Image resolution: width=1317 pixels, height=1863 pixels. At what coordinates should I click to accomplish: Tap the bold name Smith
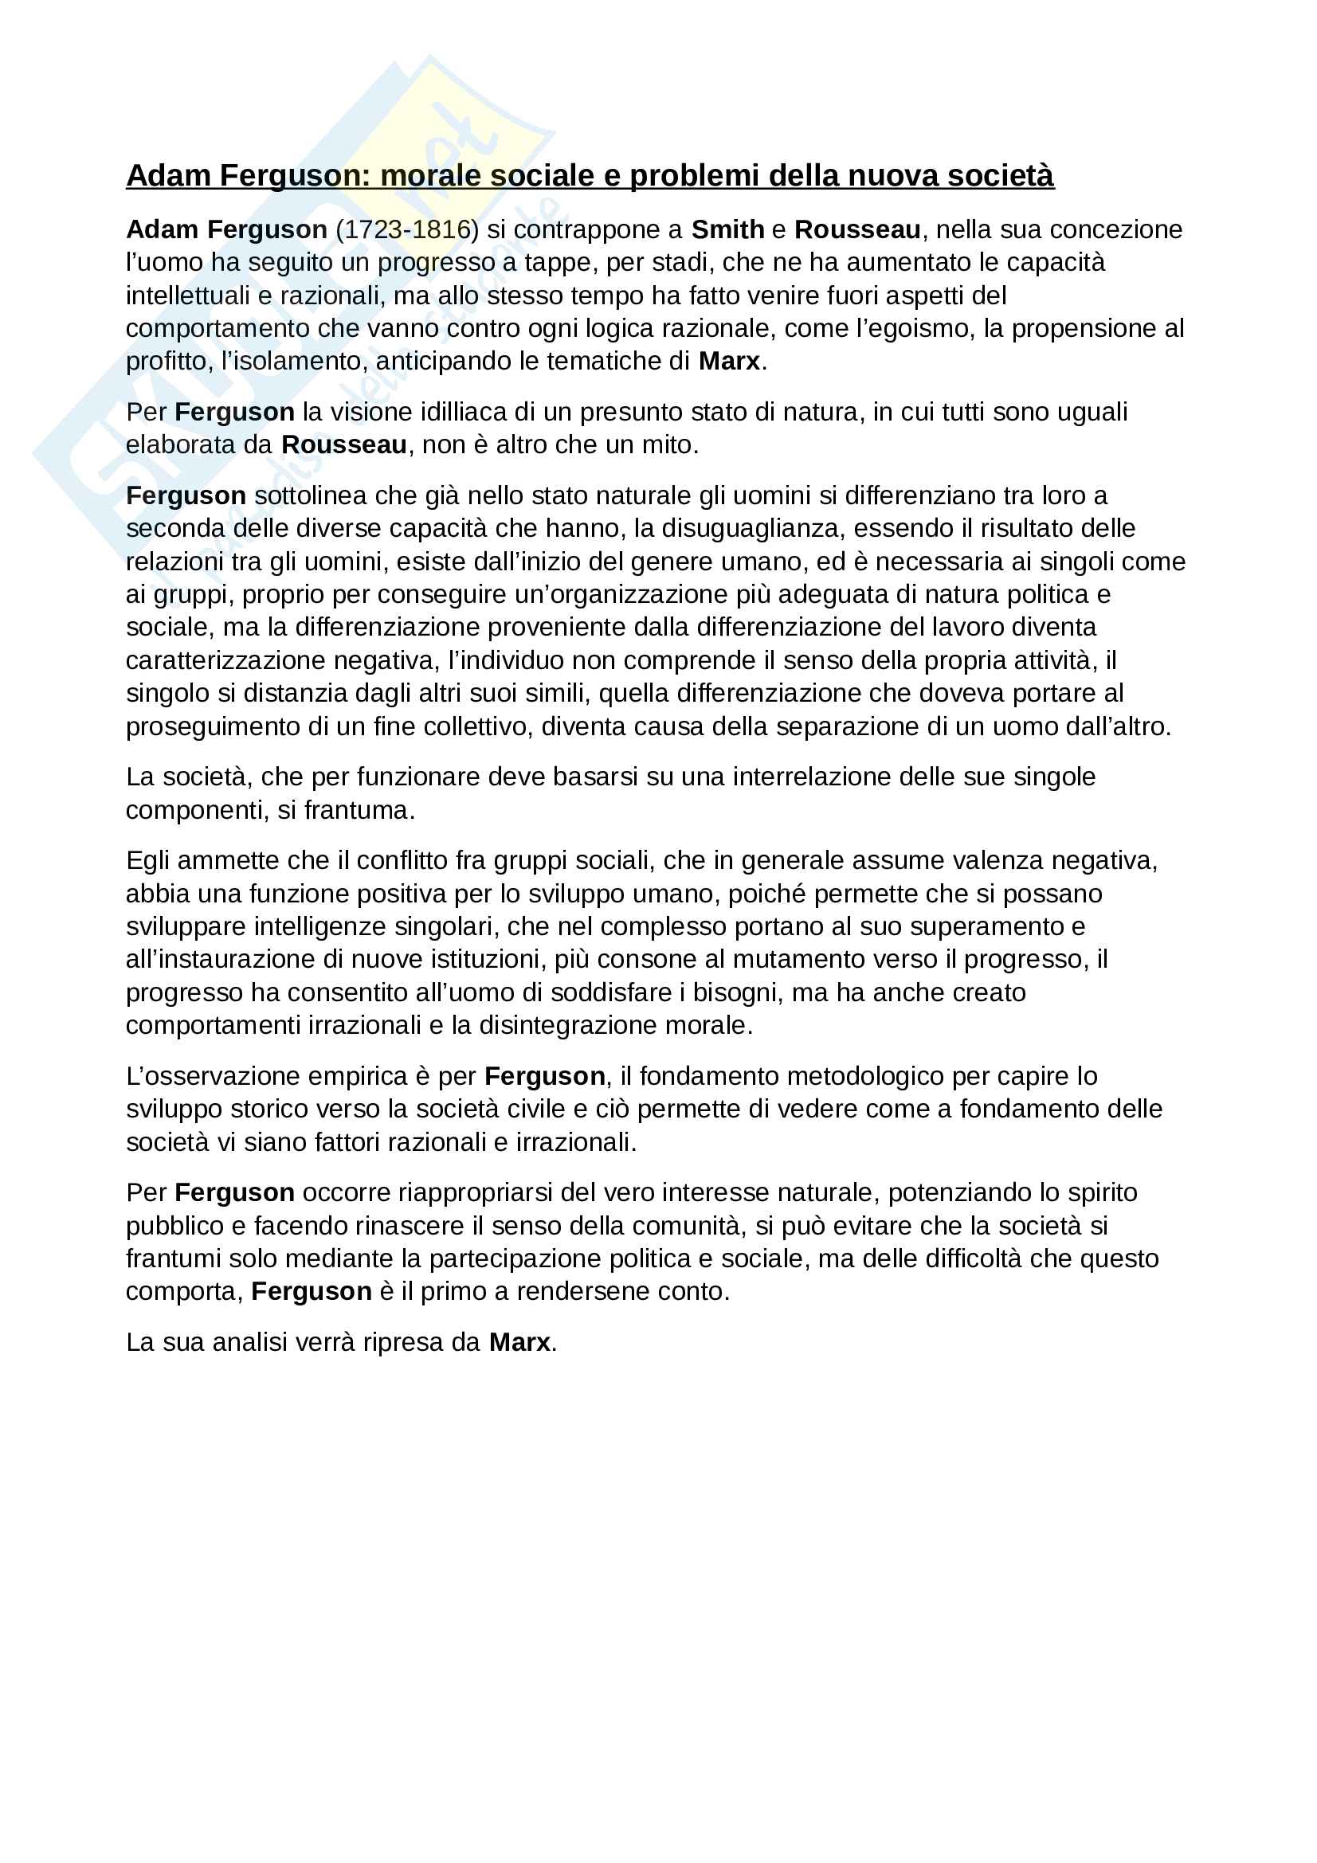(727, 229)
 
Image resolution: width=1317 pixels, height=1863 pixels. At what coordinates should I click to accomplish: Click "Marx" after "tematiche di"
(729, 361)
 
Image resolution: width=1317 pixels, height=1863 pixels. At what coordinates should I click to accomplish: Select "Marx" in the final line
(519, 1342)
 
